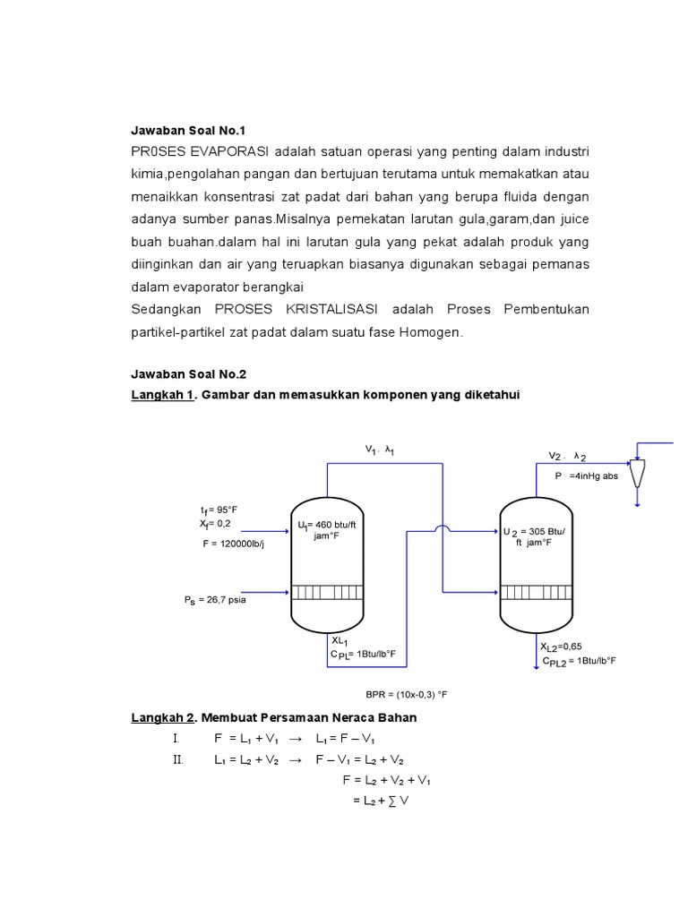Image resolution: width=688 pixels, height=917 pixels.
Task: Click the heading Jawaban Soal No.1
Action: coord(187,131)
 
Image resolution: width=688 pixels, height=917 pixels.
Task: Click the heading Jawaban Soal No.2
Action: coord(187,374)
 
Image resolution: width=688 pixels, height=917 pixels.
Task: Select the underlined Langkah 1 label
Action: coord(163,396)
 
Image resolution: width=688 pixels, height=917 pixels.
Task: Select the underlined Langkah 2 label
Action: coord(163,718)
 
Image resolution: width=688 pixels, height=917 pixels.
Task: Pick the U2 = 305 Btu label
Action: coord(540,531)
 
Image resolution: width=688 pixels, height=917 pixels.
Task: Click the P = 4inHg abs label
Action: coord(587,476)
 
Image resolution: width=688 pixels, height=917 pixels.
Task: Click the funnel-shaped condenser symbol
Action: coord(637,471)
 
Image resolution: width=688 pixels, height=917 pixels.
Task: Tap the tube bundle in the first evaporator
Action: coord(327,593)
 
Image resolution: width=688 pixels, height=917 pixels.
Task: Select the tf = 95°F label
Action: coord(219,509)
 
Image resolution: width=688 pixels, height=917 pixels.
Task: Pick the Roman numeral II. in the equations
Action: coord(177,760)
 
